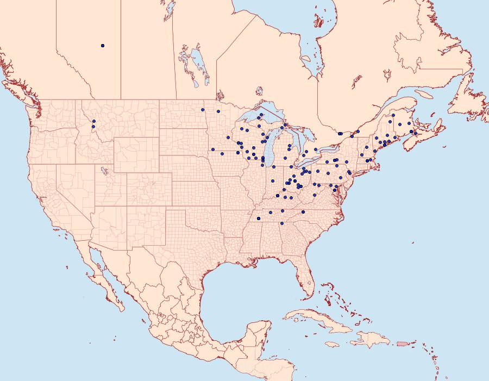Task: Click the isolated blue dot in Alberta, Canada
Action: pos(103,46)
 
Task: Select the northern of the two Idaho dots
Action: pos(93,121)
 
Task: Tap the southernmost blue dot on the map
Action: pos(281,223)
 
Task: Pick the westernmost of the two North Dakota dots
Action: pos(202,110)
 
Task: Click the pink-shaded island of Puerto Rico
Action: pos(402,343)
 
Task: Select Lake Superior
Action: pos(261,117)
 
